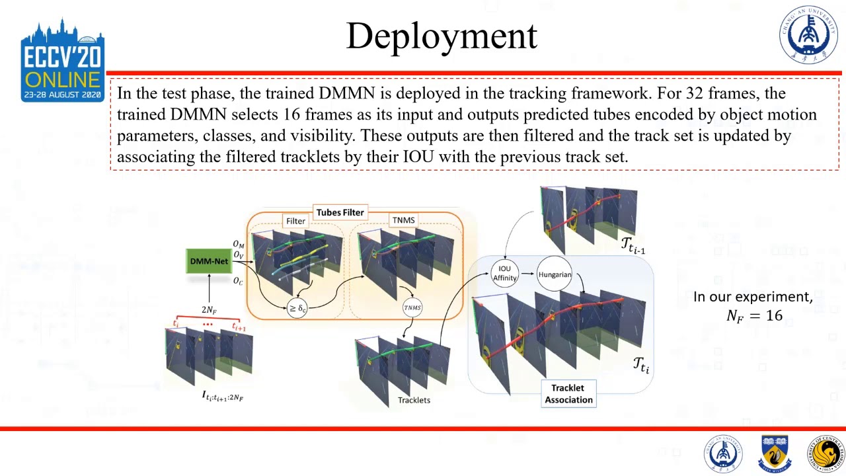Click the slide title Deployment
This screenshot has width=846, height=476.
click(442, 36)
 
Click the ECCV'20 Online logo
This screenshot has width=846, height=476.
click(63, 61)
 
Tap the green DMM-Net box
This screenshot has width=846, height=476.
click(209, 261)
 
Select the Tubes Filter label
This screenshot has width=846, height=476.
click(340, 212)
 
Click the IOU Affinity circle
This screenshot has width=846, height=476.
click(505, 274)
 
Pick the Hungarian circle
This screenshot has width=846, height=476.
click(555, 274)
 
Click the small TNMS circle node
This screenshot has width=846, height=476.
click(412, 307)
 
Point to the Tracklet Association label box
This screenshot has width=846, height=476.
click(568, 393)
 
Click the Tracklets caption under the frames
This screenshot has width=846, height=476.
click(414, 400)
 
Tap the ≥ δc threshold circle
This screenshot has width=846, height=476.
click(297, 308)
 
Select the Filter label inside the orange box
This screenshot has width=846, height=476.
click(295, 221)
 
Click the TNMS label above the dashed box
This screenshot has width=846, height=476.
click(403, 221)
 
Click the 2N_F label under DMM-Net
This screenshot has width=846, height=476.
click(209, 309)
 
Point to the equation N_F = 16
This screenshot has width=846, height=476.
click(754, 315)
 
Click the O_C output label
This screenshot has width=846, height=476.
click(238, 281)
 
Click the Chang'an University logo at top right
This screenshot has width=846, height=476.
click(808, 35)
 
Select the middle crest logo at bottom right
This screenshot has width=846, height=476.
click(777, 454)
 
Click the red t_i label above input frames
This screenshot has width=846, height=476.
click(176, 323)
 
